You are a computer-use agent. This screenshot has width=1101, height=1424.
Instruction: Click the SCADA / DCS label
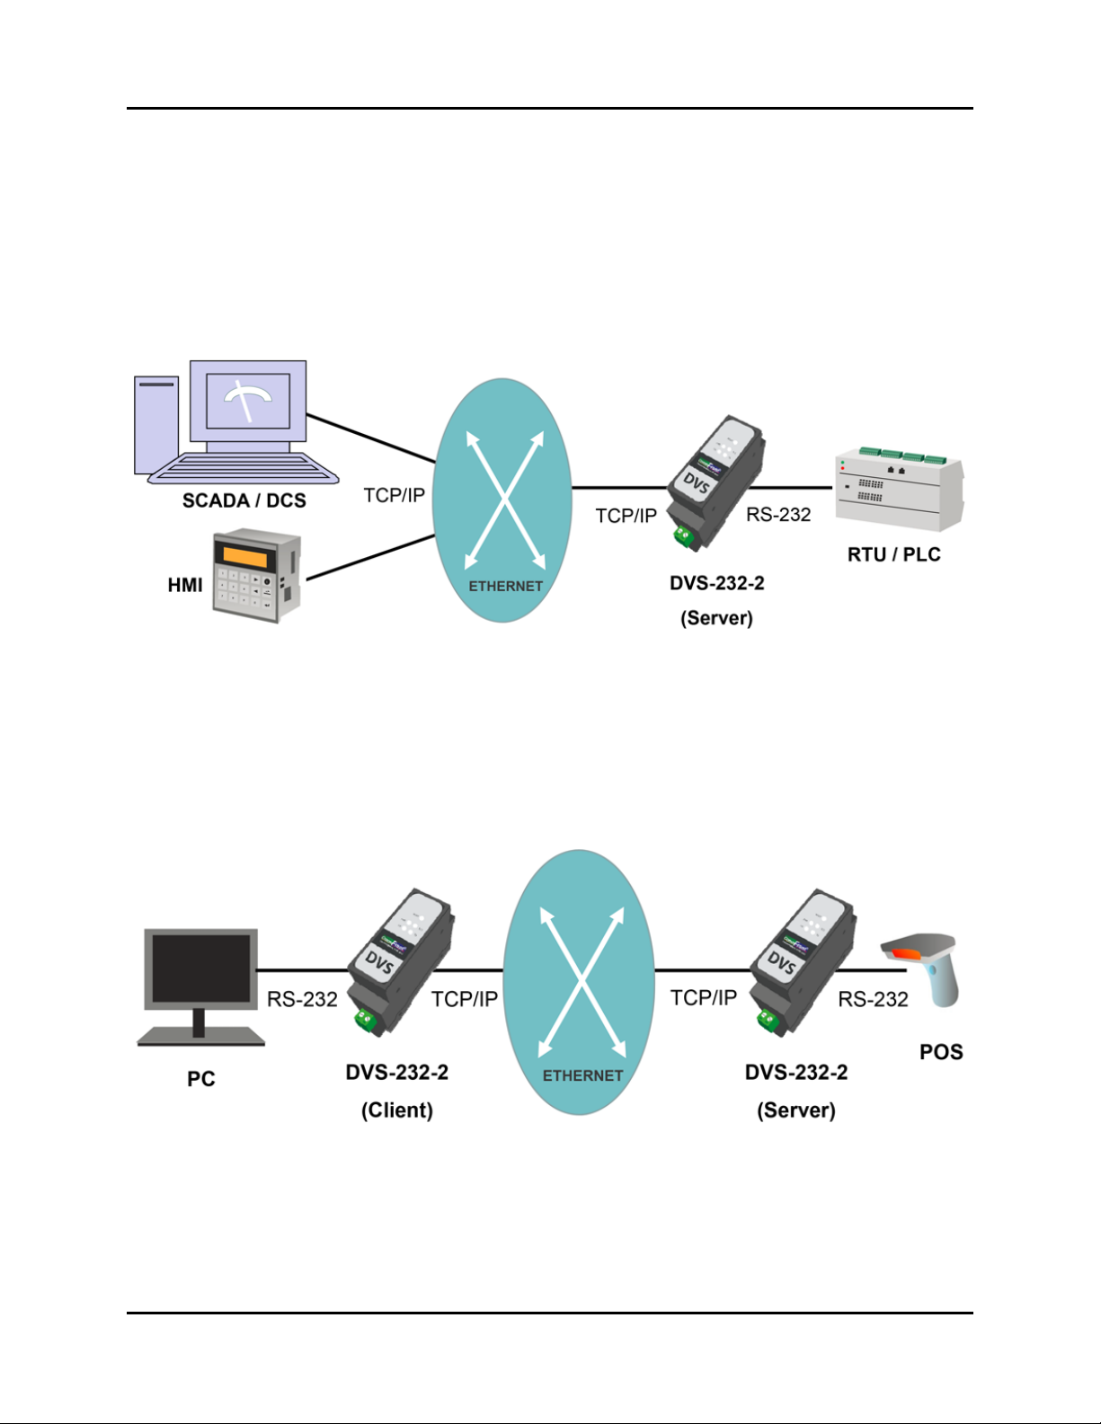click(244, 500)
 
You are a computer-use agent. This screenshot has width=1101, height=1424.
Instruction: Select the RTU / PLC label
click(893, 554)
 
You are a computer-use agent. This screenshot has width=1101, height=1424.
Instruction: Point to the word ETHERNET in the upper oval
click(505, 586)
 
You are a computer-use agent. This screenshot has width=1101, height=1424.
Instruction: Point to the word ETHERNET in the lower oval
click(582, 1075)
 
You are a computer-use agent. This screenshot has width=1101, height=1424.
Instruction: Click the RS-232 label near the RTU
click(778, 515)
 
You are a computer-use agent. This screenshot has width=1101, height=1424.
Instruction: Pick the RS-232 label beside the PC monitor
click(302, 999)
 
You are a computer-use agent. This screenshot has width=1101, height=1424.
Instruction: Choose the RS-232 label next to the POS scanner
click(873, 999)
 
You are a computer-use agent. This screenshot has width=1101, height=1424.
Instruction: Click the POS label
click(941, 1052)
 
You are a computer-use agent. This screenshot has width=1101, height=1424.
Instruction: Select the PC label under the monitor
click(200, 1079)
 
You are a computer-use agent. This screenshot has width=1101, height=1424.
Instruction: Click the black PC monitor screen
click(201, 968)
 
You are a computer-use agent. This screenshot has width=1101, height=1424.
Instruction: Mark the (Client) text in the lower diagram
click(396, 1110)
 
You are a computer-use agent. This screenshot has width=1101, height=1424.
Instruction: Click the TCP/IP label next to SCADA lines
click(394, 495)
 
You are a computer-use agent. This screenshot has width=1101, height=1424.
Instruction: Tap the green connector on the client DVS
click(364, 1021)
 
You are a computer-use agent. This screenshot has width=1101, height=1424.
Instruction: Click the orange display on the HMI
click(244, 557)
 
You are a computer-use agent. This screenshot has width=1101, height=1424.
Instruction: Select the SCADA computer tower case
click(156, 425)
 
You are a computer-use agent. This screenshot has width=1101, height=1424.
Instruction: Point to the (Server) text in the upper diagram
click(716, 618)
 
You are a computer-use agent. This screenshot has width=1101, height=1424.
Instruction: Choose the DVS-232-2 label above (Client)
click(396, 1073)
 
